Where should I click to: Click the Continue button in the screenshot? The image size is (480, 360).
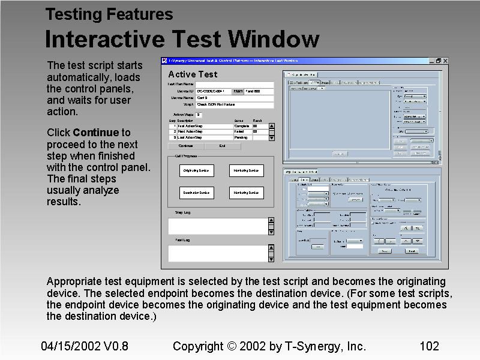click(186, 145)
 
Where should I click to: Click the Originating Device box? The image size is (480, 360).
click(196, 171)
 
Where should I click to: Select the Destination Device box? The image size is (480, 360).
click(196, 193)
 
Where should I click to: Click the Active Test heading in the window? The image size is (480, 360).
click(193, 74)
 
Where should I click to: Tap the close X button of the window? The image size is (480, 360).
click(445, 61)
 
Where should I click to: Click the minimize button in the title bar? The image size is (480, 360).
click(431, 61)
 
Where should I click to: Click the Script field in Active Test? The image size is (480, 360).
click(234, 104)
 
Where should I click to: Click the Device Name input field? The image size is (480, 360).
click(234, 98)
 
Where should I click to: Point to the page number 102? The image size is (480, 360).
click(429, 346)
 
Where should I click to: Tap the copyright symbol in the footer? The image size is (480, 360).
click(232, 346)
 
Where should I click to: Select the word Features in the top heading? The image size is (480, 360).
click(140, 14)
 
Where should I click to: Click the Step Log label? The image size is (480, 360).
click(182, 212)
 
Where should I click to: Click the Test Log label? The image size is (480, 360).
click(182, 240)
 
